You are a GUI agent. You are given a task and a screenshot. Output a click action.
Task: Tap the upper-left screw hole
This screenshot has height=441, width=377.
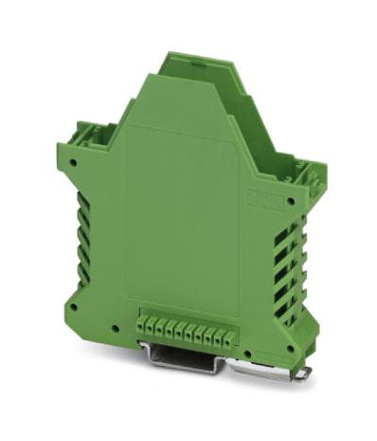click(x=73, y=162)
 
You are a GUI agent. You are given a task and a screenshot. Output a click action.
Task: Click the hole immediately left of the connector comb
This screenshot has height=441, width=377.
click(x=116, y=328)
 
